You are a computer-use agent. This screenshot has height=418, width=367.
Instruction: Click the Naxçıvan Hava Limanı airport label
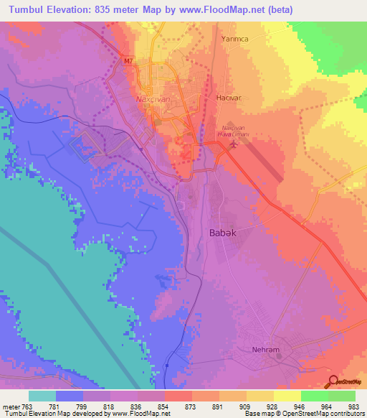232,131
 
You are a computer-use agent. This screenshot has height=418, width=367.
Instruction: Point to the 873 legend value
170,406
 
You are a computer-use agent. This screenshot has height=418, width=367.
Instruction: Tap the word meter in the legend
11,406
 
